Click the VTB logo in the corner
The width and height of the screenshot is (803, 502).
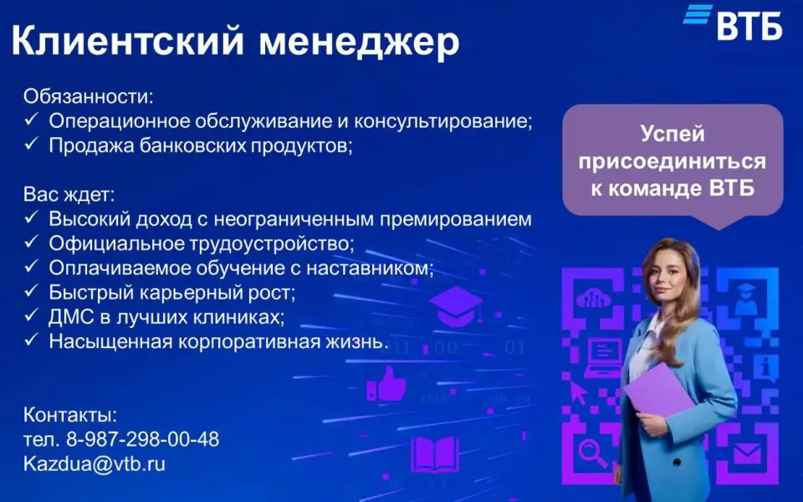(x=733, y=23)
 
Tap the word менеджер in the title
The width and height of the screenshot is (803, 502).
(x=359, y=43)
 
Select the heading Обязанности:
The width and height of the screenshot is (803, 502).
(x=88, y=97)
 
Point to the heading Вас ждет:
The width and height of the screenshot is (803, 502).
(x=69, y=195)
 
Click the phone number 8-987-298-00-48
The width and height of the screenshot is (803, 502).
(x=142, y=439)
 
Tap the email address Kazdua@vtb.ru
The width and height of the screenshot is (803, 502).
(x=95, y=464)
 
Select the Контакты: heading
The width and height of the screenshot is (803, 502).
(x=70, y=415)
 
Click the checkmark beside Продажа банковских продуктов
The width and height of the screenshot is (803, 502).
(x=31, y=144)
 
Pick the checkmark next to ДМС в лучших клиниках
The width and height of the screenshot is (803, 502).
(x=31, y=315)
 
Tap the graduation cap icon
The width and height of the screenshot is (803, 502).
(x=455, y=306)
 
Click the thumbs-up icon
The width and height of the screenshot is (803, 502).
(x=386, y=384)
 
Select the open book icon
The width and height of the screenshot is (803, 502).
(x=435, y=453)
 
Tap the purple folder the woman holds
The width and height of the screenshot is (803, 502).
(x=659, y=389)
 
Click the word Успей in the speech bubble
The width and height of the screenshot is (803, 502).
(x=673, y=134)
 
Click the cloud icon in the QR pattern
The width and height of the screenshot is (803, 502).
(x=594, y=298)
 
